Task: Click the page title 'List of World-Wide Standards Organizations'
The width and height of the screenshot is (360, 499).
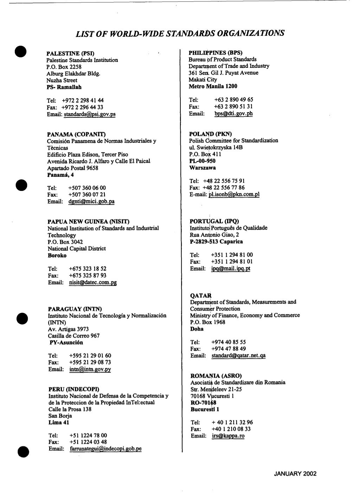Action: [x=180, y=33]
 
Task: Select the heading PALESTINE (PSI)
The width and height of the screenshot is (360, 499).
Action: [x=70, y=53]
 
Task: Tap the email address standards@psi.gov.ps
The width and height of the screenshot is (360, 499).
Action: [x=90, y=114]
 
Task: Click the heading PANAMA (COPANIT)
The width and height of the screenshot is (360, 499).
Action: [x=77, y=134]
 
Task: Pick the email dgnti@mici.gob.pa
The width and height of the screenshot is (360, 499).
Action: [x=91, y=201]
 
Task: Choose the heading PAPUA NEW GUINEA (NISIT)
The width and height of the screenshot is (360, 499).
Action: [x=89, y=222]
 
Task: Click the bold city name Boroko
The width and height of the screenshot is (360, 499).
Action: [x=57, y=256]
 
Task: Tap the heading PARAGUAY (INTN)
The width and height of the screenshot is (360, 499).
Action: [x=75, y=309]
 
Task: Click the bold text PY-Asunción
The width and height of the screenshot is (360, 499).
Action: [x=66, y=343]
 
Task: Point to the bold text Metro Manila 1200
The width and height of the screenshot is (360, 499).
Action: [x=213, y=86]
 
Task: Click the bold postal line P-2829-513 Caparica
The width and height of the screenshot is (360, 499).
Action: [x=216, y=242]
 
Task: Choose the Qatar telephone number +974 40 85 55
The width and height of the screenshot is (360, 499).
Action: [x=229, y=342]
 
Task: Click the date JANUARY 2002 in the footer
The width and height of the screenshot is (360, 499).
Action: [x=295, y=473]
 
